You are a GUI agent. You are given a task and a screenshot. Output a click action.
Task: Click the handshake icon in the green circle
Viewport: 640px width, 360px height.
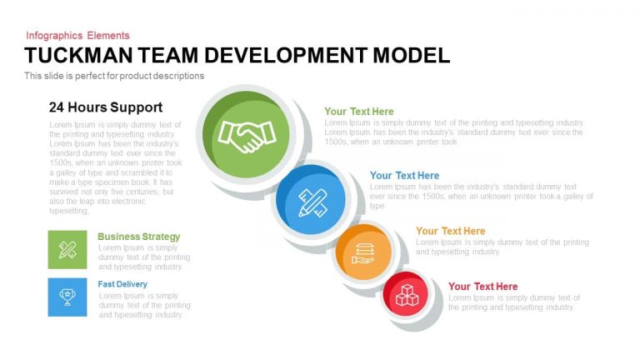point(247,136)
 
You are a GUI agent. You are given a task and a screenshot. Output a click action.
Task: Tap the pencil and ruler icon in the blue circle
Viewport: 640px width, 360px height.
point(312,202)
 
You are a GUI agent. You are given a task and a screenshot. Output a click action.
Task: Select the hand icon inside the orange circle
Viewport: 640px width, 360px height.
point(362,253)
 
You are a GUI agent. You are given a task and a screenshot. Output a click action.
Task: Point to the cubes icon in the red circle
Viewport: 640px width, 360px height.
point(407,295)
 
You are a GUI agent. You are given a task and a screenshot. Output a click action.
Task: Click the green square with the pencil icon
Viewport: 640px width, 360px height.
point(67,249)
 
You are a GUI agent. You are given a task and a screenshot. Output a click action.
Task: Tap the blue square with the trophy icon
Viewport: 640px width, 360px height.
point(67,297)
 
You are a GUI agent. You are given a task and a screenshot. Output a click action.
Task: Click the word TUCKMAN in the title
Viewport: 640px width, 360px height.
point(78,56)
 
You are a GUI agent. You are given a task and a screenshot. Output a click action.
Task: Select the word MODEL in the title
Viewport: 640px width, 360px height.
point(412,56)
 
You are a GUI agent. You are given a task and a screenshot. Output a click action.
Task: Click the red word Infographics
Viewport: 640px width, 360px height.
point(54,36)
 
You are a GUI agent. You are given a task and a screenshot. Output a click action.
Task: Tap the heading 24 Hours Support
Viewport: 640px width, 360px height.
point(106,107)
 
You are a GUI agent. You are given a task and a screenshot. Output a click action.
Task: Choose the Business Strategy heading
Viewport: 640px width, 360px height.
point(139,237)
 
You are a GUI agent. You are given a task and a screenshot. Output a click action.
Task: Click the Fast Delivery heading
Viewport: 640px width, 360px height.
point(122,284)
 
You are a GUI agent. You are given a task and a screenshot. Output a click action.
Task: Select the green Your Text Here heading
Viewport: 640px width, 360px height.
point(359,112)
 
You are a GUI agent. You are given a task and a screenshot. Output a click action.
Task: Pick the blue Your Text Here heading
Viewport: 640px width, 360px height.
point(404,176)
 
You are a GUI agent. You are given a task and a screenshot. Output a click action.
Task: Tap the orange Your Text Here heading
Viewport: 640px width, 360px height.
point(451,231)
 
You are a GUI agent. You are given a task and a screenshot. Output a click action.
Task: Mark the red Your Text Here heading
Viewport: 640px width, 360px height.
point(482,287)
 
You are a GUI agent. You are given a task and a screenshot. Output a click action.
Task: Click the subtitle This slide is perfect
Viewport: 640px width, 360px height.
point(114,76)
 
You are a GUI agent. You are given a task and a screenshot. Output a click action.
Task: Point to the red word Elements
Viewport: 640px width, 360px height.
point(108,36)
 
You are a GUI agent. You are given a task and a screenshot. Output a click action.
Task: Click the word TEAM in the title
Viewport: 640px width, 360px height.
point(167,56)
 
